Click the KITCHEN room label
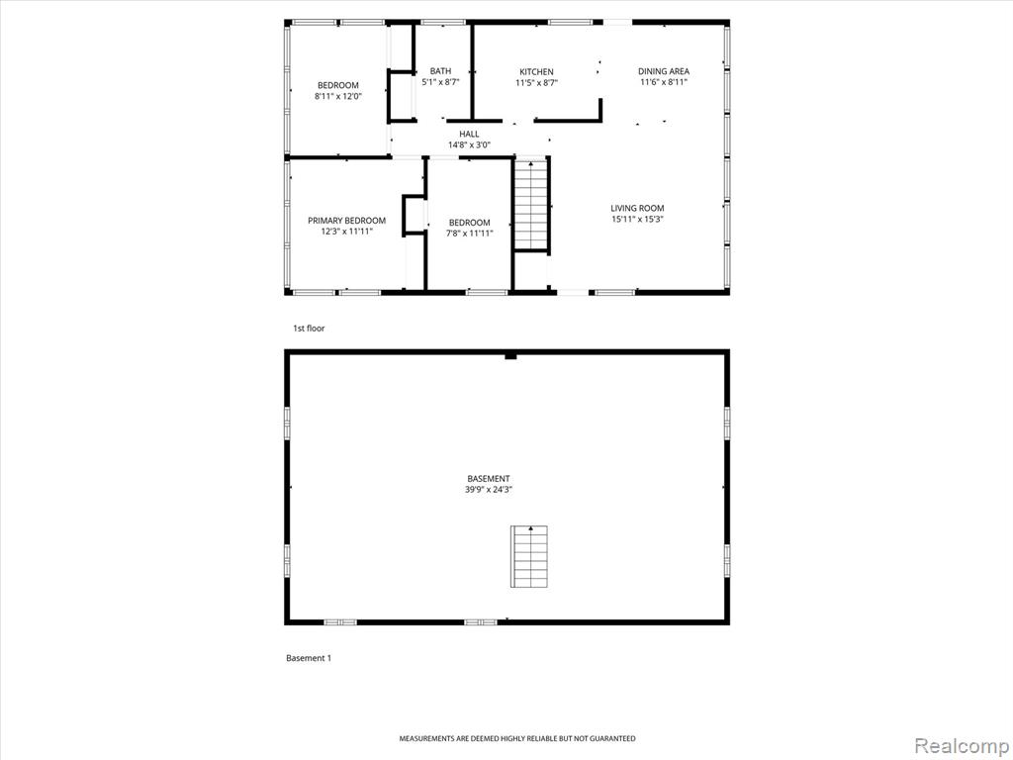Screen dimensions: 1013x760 pyautogui.click(x=536, y=71)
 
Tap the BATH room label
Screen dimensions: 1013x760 pyautogui.click(x=440, y=71)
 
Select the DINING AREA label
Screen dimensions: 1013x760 pyautogui.click(x=664, y=71)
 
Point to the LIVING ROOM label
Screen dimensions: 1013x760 pyautogui.click(x=638, y=208)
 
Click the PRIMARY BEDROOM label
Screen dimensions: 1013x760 pyautogui.click(x=347, y=221)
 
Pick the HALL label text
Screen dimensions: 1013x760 pyautogui.click(x=470, y=134)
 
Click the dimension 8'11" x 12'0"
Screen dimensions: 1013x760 pyautogui.click(x=338, y=96)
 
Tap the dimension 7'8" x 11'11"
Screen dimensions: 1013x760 pyautogui.click(x=470, y=234)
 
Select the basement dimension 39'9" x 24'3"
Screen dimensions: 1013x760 pyautogui.click(x=489, y=490)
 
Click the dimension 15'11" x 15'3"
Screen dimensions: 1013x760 pyautogui.click(x=638, y=219)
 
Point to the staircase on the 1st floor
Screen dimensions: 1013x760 pyautogui.click(x=531, y=205)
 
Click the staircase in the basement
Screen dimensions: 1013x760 pyautogui.click(x=530, y=556)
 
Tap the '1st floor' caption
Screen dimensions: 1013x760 pyautogui.click(x=309, y=329)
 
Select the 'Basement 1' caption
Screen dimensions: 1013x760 pyautogui.click(x=309, y=658)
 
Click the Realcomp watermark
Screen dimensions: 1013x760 pyautogui.click(x=962, y=746)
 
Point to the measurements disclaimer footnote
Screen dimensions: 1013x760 pyautogui.click(x=516, y=738)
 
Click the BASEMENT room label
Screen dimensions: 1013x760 pyautogui.click(x=489, y=479)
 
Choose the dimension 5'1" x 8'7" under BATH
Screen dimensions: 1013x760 pyautogui.click(x=440, y=82)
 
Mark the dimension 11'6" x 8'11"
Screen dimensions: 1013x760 pyautogui.click(x=664, y=82)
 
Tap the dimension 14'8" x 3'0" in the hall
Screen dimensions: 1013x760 pyautogui.click(x=470, y=144)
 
